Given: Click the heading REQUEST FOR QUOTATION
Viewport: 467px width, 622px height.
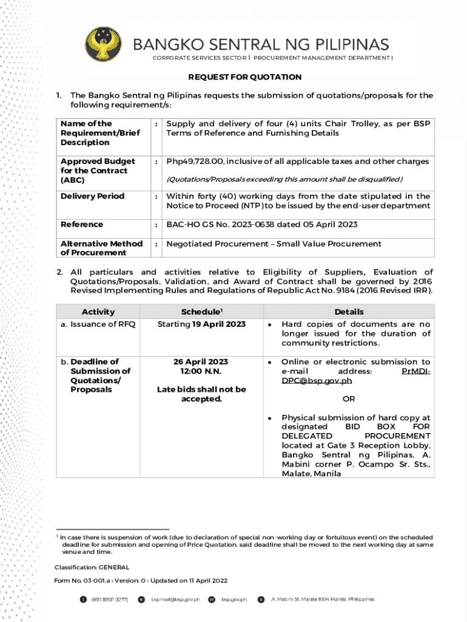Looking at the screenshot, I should (244, 77).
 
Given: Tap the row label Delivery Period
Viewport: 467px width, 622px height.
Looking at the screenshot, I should (92, 196).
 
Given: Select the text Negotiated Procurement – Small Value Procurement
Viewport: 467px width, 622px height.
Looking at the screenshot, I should (274, 244).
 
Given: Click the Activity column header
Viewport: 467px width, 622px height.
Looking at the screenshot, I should (98, 312).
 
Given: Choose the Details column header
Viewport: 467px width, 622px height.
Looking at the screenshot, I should (349, 312).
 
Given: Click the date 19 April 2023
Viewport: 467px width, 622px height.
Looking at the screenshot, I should (219, 324).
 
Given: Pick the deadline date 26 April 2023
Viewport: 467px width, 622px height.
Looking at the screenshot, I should (201, 362).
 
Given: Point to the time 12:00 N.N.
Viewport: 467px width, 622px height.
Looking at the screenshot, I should (201, 371).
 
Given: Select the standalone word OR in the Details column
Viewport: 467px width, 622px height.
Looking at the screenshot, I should (349, 399).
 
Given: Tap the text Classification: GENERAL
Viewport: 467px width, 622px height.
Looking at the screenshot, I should (92, 567).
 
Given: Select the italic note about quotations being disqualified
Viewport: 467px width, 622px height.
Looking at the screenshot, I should (284, 179).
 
